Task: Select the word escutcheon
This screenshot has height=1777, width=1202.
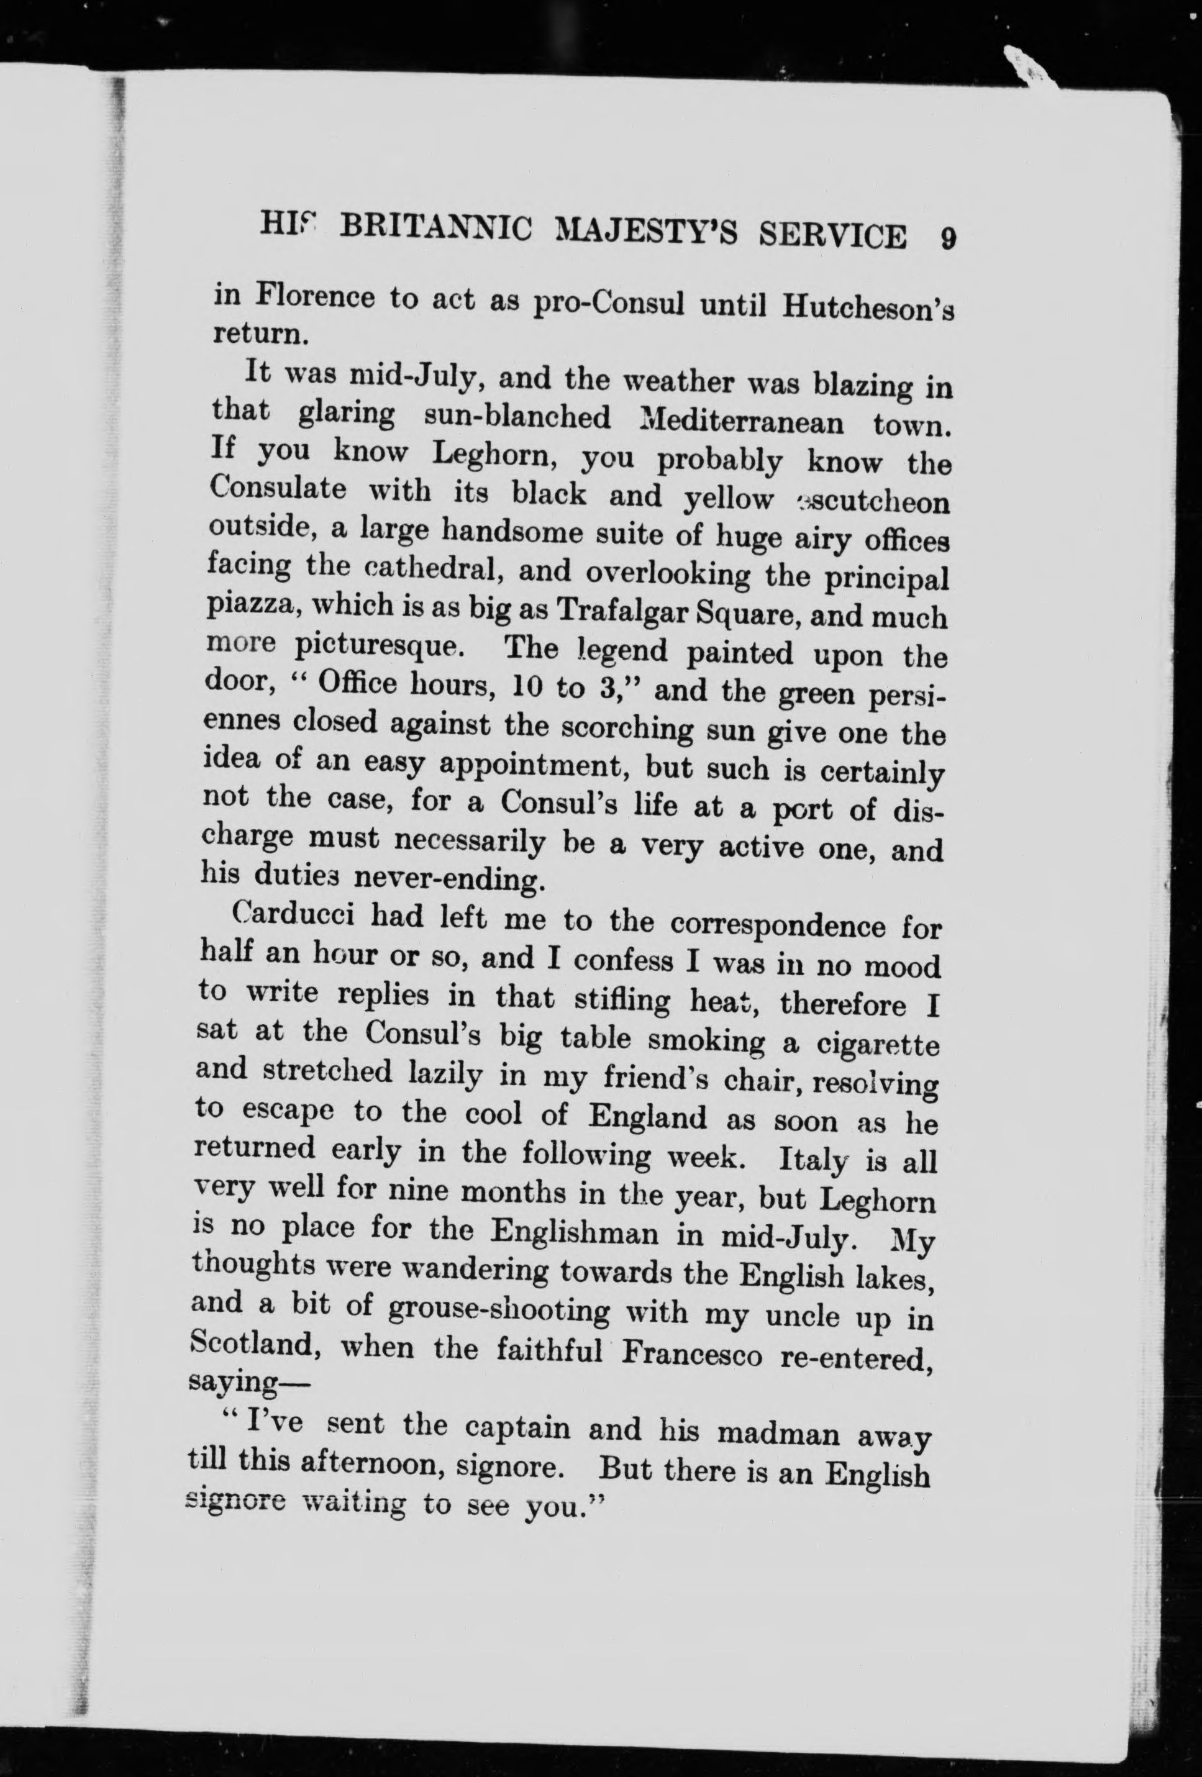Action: pyautogui.click(x=872, y=502)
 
